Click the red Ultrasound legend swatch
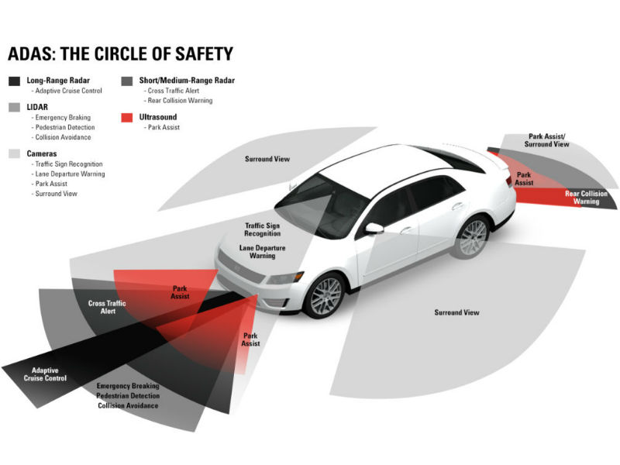click(127, 118)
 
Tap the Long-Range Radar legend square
click(14, 81)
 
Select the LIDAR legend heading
click(37, 107)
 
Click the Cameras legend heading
click(42, 153)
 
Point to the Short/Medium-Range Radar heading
click(187, 81)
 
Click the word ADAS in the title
click(30, 54)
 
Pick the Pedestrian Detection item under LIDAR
click(65, 127)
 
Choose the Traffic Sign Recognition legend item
click(69, 164)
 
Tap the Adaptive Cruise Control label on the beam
click(45, 374)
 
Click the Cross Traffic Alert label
click(107, 307)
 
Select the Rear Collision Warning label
click(586, 198)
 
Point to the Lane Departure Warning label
click(262, 252)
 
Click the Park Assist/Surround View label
click(547, 140)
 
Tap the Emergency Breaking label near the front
click(128, 386)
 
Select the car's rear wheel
click(473, 236)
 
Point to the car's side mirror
click(374, 228)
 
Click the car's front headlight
click(285, 277)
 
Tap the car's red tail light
click(509, 181)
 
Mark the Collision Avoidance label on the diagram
click(128, 405)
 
